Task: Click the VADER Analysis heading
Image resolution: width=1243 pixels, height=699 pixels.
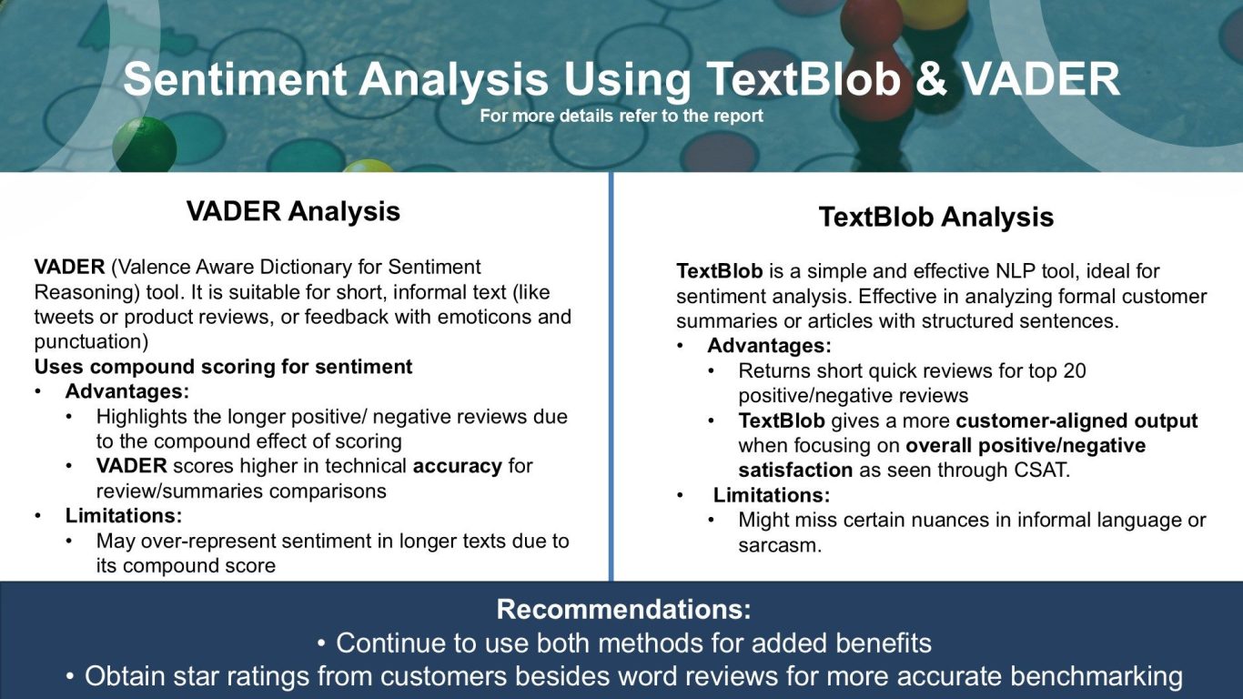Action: (x=293, y=211)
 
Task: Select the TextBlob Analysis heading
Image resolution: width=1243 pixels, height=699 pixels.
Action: (x=936, y=218)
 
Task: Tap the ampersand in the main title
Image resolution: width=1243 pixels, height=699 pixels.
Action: (x=930, y=79)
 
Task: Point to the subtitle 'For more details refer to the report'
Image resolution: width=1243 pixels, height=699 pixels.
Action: (x=621, y=116)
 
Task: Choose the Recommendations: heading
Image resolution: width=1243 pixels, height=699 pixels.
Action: (x=623, y=609)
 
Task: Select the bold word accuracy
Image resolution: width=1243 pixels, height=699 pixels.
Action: (x=457, y=466)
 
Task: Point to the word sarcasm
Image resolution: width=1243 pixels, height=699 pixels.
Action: (x=780, y=546)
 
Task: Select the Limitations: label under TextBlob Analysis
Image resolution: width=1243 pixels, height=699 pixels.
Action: (x=772, y=495)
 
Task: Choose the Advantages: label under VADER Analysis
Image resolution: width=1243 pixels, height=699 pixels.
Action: (x=127, y=391)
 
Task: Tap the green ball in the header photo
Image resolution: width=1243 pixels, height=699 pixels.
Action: (x=145, y=145)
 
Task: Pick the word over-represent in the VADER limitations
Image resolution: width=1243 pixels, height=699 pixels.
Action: (x=208, y=542)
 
